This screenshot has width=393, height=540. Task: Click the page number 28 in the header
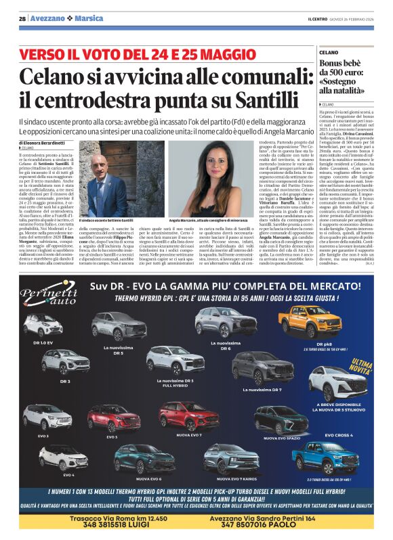(x=23, y=18)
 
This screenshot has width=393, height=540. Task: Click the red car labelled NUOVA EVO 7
(x=189, y=414)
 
